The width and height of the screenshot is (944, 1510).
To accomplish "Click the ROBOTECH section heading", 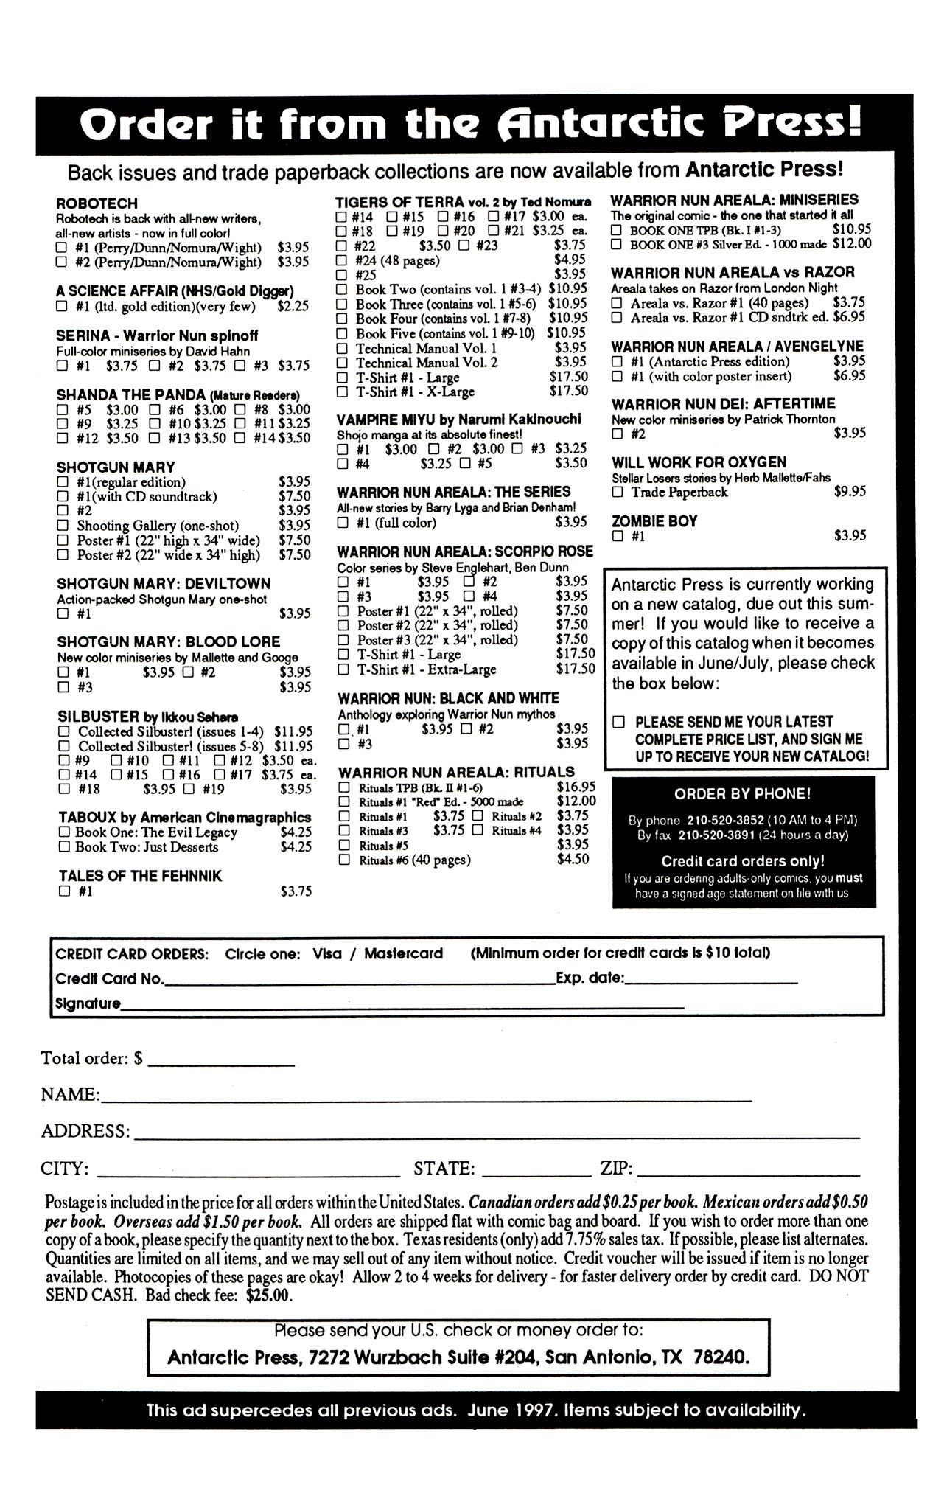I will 97,203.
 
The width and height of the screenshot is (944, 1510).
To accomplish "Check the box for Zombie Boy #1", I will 618,537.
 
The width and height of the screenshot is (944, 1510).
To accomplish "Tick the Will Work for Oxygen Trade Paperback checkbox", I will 618,493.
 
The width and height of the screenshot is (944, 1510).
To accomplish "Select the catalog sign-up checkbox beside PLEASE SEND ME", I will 620,722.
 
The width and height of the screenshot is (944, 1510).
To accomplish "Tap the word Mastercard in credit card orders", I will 403,953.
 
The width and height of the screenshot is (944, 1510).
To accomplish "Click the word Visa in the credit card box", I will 327,953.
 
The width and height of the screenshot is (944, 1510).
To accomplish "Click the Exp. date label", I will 590,978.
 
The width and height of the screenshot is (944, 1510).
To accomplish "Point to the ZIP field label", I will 616,1169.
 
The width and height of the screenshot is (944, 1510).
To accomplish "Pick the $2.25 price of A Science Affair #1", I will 293,306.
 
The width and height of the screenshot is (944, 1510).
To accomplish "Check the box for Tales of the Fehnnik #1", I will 64,891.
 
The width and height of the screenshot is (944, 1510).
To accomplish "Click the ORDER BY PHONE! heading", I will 742,794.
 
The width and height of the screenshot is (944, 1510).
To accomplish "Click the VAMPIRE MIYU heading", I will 377,419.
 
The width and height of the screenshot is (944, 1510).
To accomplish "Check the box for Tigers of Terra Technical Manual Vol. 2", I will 342,363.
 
